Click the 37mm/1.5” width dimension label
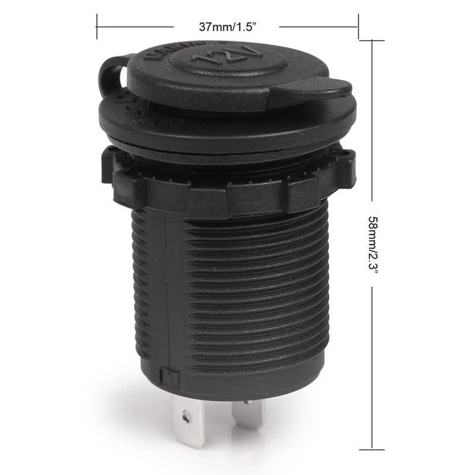(228, 27)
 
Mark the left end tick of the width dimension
(96, 27)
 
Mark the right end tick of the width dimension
(358, 27)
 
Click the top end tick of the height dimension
(372, 40)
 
